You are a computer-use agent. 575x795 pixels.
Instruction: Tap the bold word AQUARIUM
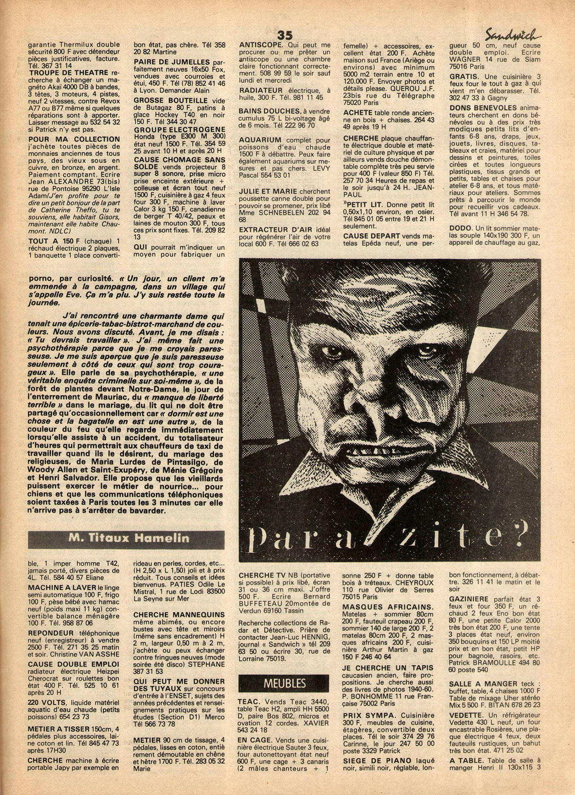click(x=260, y=140)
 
